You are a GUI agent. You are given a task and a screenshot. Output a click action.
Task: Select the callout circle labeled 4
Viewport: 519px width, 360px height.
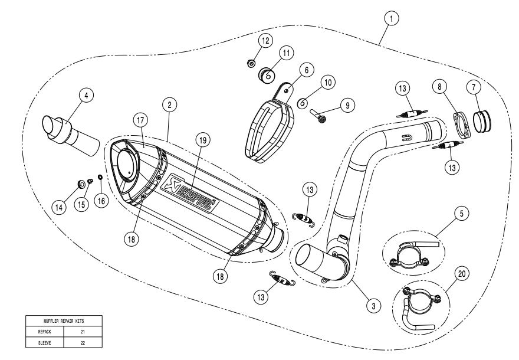[x=87, y=94]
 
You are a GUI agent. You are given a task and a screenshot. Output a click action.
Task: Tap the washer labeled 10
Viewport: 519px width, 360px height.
[x=302, y=102]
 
